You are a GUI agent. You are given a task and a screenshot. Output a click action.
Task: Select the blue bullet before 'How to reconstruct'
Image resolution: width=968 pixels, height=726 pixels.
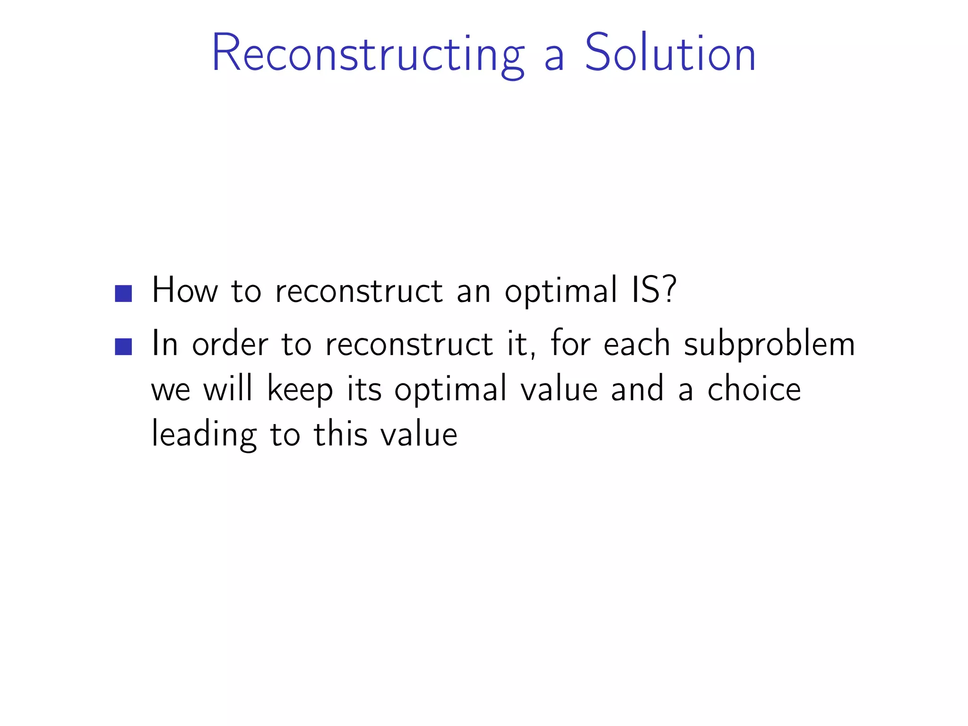123,294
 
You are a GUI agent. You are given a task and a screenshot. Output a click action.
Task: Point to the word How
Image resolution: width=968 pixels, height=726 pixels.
185,290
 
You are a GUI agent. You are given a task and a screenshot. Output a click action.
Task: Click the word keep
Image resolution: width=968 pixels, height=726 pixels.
300,390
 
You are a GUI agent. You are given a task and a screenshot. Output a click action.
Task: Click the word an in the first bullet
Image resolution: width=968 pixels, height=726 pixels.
474,291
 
